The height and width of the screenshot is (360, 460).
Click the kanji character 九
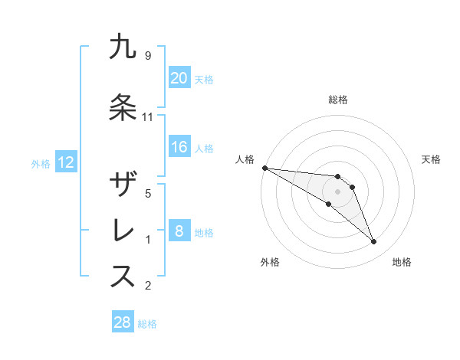[123, 47]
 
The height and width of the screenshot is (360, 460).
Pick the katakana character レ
[123, 231]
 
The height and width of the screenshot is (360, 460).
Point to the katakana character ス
[123, 277]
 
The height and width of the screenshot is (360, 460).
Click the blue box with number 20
[179, 77]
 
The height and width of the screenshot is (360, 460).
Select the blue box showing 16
[179, 147]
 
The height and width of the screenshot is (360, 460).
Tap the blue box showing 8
[179, 231]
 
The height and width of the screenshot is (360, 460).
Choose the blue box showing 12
[65, 162]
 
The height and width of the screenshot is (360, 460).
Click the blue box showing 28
[123, 322]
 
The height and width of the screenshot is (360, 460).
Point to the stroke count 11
[148, 117]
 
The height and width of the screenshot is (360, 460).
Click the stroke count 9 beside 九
[148, 56]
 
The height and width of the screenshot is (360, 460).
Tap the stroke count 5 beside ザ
[148, 194]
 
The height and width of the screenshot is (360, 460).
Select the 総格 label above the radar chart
[338, 100]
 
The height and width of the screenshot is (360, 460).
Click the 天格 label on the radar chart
[432, 159]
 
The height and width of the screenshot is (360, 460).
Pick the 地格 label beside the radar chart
[402, 262]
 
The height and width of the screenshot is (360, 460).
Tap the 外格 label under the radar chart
[270, 262]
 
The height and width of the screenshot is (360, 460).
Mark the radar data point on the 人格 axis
[264, 168]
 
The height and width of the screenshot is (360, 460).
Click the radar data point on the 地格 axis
[373, 242]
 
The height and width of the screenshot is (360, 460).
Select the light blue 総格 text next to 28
[147, 324]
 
